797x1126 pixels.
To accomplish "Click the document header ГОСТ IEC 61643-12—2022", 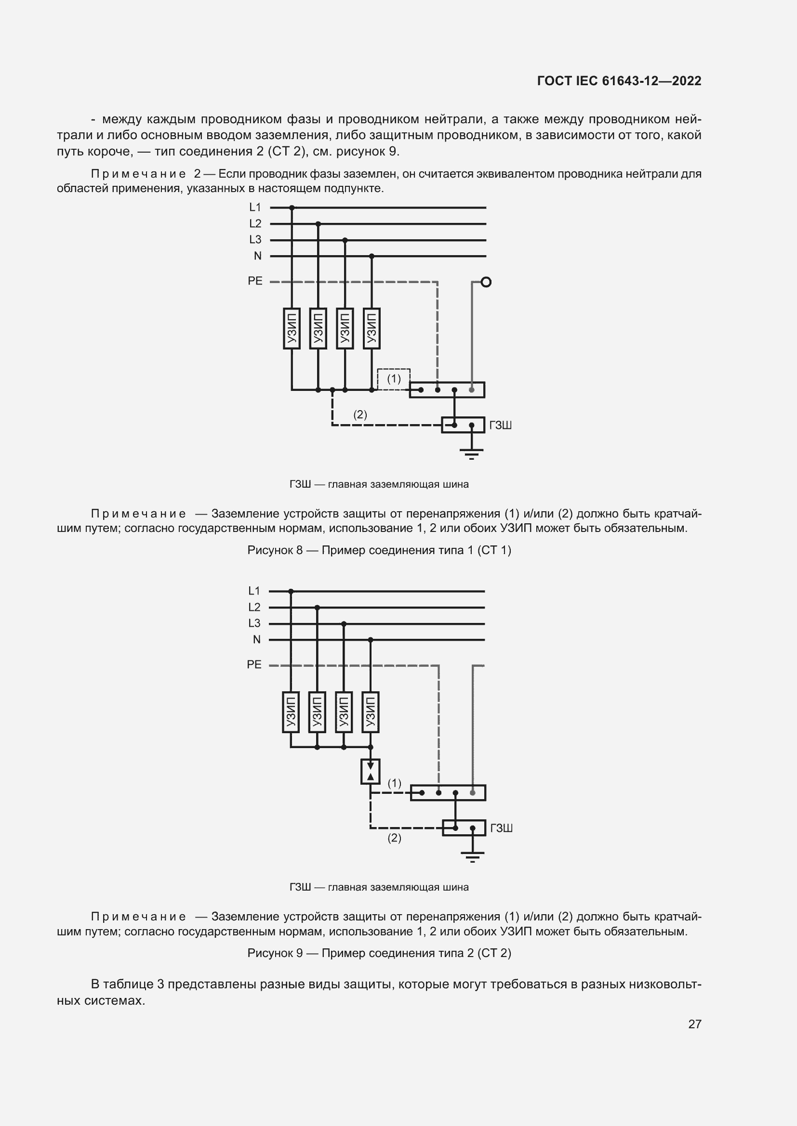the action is (619, 81).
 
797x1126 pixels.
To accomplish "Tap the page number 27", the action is (694, 1024).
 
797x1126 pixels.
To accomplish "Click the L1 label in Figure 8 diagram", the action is (255, 207).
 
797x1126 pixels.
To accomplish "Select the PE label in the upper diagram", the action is (255, 281).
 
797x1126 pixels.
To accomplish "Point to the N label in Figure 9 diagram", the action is (257, 639).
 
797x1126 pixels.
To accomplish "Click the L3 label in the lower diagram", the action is (254, 623).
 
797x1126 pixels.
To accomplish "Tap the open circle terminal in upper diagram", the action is (486, 282).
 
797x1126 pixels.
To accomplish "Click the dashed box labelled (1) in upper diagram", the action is (394, 379).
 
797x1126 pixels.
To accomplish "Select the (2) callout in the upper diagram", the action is (360, 415).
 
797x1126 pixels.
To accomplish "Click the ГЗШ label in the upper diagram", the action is (501, 425).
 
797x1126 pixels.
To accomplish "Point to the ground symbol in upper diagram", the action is (471, 453).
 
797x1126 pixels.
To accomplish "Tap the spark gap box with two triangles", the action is (371, 771).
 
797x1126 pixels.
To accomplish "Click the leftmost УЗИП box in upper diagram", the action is (292, 329).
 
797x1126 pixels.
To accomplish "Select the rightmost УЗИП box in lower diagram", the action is (371, 712).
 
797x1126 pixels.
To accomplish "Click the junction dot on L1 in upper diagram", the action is (292, 207).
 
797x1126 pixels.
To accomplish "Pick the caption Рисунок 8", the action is (379, 550).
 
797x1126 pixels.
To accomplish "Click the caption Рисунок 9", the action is (379, 953).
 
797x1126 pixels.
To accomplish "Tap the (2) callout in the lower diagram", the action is (395, 838).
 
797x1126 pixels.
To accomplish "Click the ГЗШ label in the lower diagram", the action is (502, 828).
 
